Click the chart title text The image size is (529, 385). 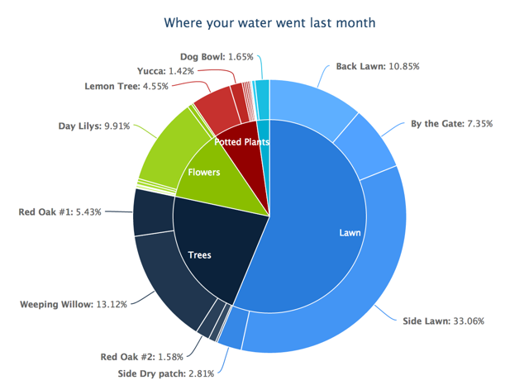click(269, 22)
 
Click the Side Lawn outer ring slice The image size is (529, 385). click(364, 281)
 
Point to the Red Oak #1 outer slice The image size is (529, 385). click(152, 212)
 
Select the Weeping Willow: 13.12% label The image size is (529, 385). click(74, 304)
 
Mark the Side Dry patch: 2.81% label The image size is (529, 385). click(164, 373)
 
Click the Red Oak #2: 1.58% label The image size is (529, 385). click(134, 357)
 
